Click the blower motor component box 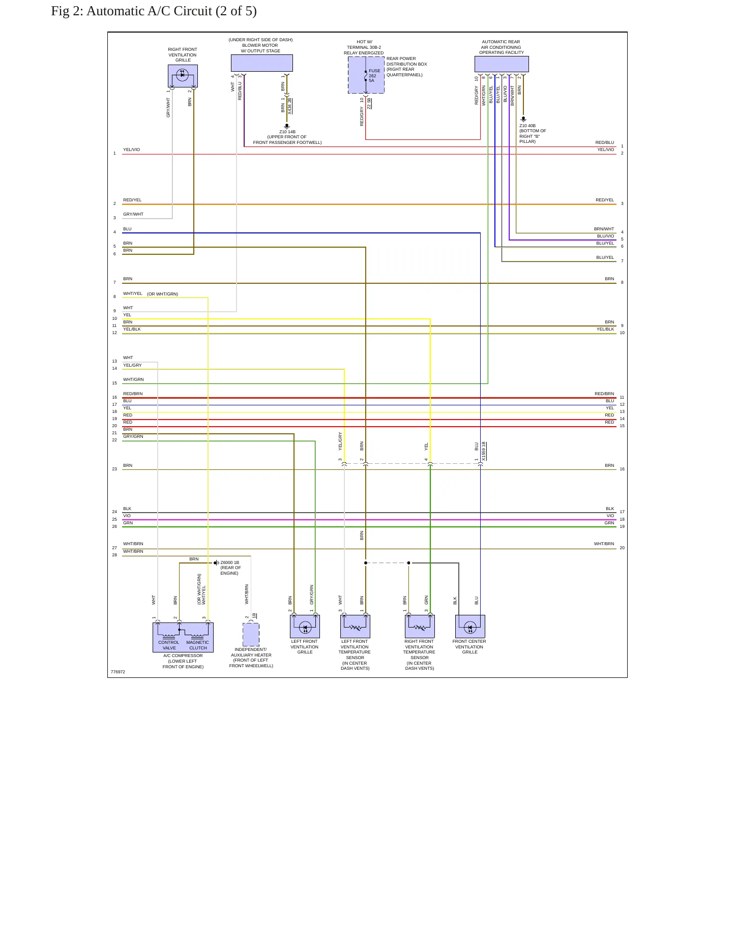pos(262,63)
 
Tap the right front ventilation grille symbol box pos(183,76)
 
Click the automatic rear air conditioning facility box pos(502,64)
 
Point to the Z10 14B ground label pos(287,132)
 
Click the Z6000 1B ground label pos(230,562)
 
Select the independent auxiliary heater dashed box pos(251,635)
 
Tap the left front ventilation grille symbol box pos(305,627)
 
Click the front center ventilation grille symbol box pos(470,627)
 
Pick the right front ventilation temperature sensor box pos(420,627)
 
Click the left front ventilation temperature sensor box pos(355,627)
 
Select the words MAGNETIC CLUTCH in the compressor pos(198,645)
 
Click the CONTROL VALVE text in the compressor pos(169,645)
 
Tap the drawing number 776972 pos(118,672)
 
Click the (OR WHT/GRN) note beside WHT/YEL pos(163,294)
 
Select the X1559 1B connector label pos(484,451)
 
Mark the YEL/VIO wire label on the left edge pos(131,150)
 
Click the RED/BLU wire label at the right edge pos(605,142)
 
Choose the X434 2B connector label pos(289,106)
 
